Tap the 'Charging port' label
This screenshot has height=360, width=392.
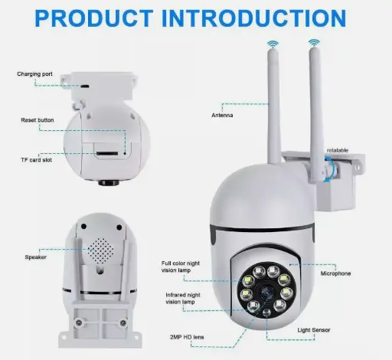coord(35,74)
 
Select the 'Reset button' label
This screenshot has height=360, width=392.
coord(38,120)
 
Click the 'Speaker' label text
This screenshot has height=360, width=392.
coord(35,257)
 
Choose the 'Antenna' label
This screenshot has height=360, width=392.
coord(223,116)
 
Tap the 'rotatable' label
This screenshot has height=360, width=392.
coord(338,150)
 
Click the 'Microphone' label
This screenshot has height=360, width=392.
coord(335,273)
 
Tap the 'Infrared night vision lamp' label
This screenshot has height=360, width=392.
coord(182,299)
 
